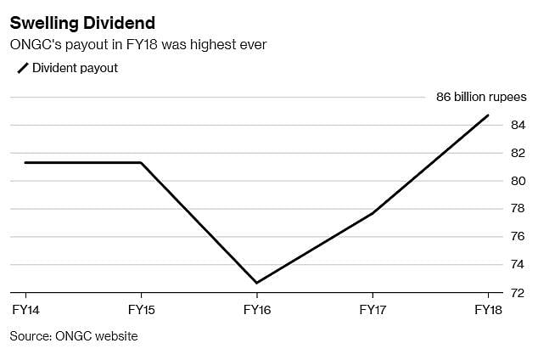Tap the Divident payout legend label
point(75,68)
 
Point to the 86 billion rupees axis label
point(480,97)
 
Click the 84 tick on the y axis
point(517,125)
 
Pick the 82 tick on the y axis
point(517,153)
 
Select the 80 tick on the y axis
point(517,181)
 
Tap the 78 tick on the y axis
point(517,209)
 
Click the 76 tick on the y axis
point(517,237)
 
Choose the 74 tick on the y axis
point(517,265)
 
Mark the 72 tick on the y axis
point(517,293)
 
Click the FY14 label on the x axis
point(25,311)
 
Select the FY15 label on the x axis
point(141,311)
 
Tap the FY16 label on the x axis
point(257,311)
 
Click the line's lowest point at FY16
point(257,283)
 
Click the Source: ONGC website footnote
point(74,336)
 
